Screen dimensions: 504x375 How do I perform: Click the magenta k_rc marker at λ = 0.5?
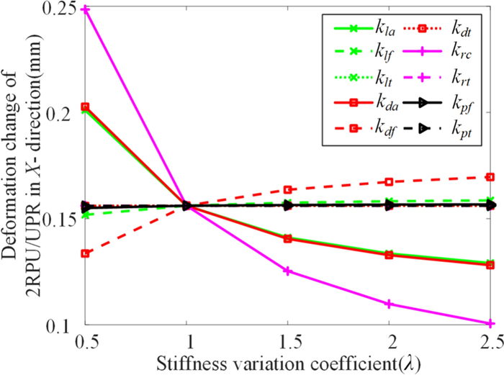85,9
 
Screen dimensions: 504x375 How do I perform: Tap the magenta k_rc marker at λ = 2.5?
490,323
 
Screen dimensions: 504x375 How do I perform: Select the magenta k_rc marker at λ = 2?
389,304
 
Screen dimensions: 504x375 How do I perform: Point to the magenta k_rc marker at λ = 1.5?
288,271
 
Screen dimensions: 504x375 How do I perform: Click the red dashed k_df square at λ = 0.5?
85,253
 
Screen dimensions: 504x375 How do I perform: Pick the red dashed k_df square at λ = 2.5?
490,177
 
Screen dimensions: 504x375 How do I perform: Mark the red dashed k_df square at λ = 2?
389,182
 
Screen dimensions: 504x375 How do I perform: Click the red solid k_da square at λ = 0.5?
85,107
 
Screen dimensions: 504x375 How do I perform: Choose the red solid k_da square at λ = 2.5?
490,265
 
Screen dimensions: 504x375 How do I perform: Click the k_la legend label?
385,29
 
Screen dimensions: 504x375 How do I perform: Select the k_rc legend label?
462,53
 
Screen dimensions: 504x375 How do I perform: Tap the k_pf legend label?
462,105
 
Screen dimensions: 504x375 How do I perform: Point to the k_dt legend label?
462,29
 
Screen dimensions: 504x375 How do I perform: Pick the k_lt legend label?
384,78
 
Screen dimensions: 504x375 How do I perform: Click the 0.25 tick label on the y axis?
60,9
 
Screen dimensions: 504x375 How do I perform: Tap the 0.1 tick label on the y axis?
58,327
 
